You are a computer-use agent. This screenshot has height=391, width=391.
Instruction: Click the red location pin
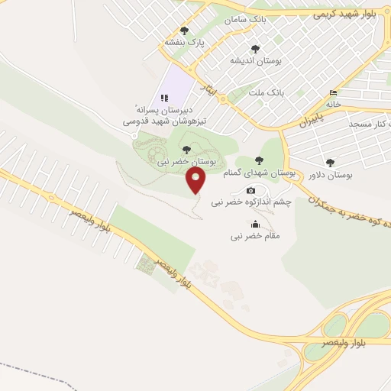click(x=197, y=180)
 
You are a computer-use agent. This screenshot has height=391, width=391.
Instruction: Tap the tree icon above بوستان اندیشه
click(x=255, y=48)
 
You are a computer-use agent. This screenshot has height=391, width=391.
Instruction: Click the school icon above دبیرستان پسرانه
click(x=163, y=98)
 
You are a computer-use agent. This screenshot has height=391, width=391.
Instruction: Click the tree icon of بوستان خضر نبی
click(x=186, y=149)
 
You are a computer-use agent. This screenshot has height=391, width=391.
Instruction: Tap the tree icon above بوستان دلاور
click(x=330, y=162)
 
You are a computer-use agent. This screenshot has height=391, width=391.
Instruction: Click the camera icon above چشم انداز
click(x=250, y=190)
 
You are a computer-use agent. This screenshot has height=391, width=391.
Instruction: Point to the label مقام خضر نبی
click(x=256, y=237)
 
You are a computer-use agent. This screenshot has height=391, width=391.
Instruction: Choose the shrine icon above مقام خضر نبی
click(x=255, y=224)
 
